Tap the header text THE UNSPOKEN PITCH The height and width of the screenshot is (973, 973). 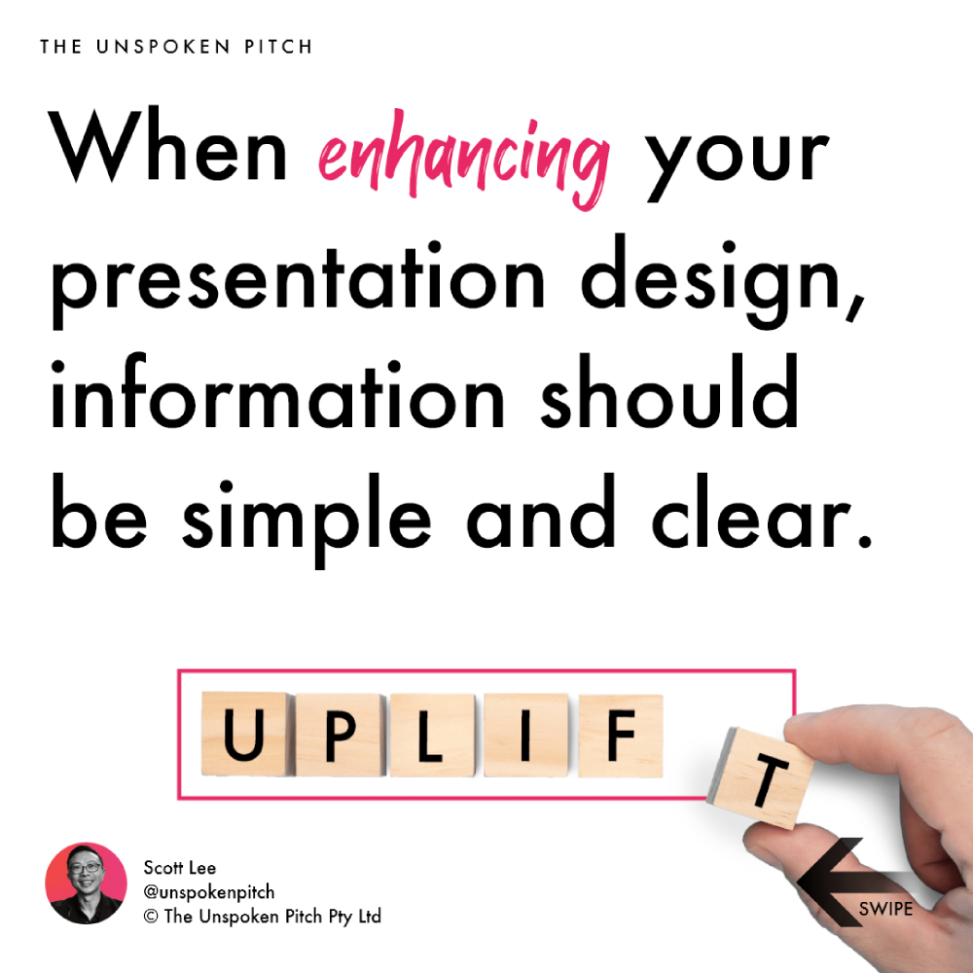pyautogui.click(x=176, y=47)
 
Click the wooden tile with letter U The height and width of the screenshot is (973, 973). pyautogui.click(x=244, y=734)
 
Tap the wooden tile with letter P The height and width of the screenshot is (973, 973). pyautogui.click(x=340, y=735)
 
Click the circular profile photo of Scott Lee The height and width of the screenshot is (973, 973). pyautogui.click(x=86, y=883)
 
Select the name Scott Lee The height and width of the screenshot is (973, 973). pyautogui.click(x=179, y=868)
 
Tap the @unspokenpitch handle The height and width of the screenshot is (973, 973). pyautogui.click(x=208, y=892)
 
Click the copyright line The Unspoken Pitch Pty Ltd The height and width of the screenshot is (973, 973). pyautogui.click(x=262, y=917)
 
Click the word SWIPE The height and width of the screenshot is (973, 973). pyautogui.click(x=885, y=909)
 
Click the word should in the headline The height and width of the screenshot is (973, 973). pyautogui.click(x=669, y=391)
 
